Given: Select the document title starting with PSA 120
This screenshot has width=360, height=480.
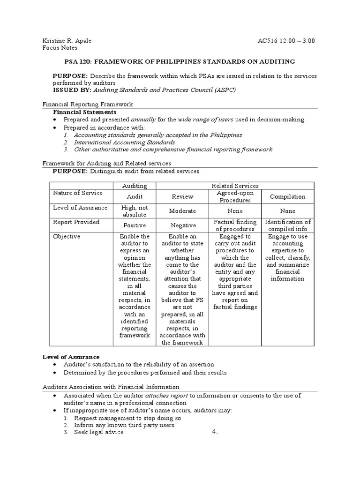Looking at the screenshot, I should pos(180,61).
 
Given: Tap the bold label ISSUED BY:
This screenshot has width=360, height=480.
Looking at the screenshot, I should pos(72,90).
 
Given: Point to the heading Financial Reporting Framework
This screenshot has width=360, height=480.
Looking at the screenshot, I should pos(88,105).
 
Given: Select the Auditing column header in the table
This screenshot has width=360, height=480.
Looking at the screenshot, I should pos(135,186).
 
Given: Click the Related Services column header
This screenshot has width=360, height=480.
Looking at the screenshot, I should pos(235,186).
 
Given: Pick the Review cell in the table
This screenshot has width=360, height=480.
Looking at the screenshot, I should pos(182,197).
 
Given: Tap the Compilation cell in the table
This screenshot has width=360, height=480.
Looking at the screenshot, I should pos(287,197).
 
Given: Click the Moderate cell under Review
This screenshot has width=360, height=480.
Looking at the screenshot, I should pos(182,211).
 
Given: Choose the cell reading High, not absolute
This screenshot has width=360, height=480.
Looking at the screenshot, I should pos(135,211).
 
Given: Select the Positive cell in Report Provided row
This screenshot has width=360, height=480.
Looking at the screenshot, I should pos(135,225).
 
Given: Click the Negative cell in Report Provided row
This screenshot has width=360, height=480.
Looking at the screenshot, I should pos(182,225).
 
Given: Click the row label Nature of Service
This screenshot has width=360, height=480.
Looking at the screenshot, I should pos(77,193).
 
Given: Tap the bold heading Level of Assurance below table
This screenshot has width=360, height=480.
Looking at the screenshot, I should pos(71,357).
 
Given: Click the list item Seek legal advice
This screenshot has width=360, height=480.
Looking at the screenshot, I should pos(98,432).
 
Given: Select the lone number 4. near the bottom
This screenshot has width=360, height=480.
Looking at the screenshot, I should pos(215,432).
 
